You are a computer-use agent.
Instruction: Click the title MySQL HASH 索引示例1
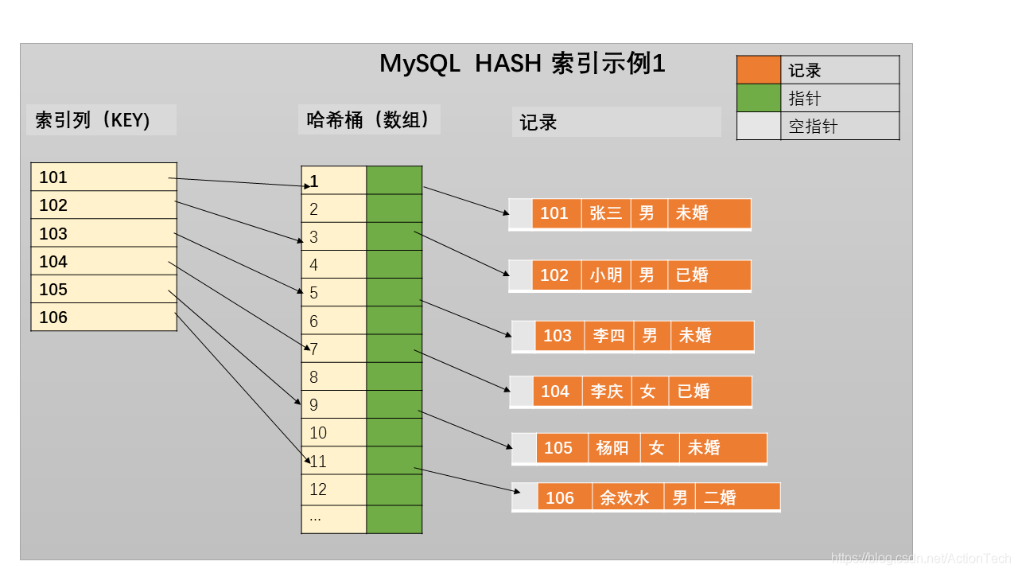[x=522, y=64]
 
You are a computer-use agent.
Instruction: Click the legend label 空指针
[x=813, y=127]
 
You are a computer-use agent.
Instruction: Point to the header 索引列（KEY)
[x=93, y=120]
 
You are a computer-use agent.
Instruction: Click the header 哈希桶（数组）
[x=368, y=119]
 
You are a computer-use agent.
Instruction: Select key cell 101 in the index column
[x=103, y=177]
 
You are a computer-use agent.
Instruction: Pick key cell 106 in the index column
[x=103, y=318]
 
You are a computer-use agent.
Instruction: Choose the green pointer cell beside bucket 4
[x=394, y=264]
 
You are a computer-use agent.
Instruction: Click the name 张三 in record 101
[x=606, y=213]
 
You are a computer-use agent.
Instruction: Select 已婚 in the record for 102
[x=692, y=275]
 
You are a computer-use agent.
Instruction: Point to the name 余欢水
[x=624, y=498]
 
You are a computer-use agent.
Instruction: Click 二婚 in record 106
[x=721, y=498]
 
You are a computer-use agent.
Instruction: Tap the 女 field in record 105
[x=656, y=448]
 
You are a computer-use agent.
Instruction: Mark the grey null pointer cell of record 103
[x=523, y=336]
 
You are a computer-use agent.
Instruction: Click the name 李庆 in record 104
[x=607, y=392]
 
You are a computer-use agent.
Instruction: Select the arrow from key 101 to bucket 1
[x=239, y=182]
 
